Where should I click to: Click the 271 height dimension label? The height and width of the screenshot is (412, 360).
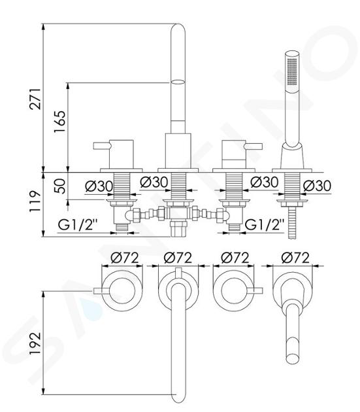coord(35,99)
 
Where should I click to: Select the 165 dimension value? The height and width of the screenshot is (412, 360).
coord(59,122)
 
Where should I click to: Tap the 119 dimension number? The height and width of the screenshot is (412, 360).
coord(35,201)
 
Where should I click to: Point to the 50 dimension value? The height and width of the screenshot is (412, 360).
coord(61,186)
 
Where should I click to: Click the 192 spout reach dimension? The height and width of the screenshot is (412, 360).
coord(35,344)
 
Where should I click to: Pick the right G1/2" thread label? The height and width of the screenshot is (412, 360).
coord(265,225)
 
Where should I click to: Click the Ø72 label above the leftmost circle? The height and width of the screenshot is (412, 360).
coord(125,258)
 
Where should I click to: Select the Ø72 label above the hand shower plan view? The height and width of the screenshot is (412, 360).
coord(295,258)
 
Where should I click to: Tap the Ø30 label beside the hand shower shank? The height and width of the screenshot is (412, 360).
coord(317,186)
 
